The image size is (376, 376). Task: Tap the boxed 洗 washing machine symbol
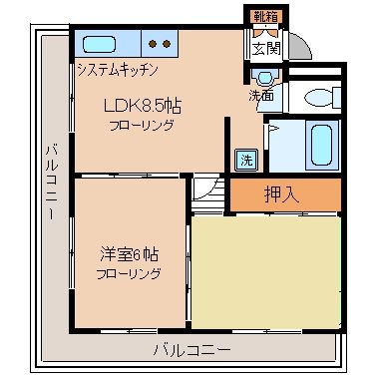[x=245, y=158]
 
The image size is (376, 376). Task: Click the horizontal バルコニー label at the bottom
[x=191, y=350]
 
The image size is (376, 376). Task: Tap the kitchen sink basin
[x=100, y=45]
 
